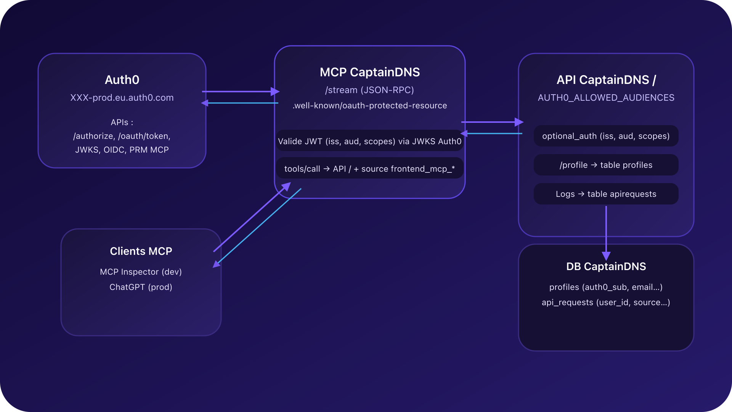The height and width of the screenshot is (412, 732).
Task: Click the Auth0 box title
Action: pos(122,80)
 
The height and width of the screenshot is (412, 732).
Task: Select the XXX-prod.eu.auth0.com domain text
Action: pos(122,98)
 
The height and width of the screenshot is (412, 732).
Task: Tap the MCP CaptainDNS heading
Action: pos(369,72)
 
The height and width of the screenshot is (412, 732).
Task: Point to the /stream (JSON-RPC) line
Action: pos(369,90)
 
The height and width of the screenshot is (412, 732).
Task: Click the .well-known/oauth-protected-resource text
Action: pos(369,106)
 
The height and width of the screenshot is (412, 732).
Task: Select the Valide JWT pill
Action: pos(369,141)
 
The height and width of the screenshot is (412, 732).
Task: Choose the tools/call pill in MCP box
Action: pos(369,169)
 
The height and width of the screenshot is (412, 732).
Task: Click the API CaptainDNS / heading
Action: pos(606,80)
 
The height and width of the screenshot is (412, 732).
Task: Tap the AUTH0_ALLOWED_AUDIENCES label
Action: pos(606,98)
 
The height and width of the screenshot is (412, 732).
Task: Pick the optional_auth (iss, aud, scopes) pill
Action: pos(606,136)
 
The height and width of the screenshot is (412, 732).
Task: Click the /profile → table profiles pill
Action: pos(606,165)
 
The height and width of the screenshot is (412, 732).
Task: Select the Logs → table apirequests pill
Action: pos(606,194)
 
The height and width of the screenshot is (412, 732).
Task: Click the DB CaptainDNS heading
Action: pos(606,266)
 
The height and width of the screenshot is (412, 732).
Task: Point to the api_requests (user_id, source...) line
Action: pos(606,303)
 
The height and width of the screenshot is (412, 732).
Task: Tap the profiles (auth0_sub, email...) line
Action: pos(606,287)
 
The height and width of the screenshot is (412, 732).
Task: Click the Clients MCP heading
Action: pos(141,251)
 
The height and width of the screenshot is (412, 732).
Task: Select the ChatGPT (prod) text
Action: pos(141,287)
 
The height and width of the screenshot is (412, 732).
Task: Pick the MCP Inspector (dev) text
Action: pos(141,272)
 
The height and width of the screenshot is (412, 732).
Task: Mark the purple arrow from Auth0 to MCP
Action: pos(240,92)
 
